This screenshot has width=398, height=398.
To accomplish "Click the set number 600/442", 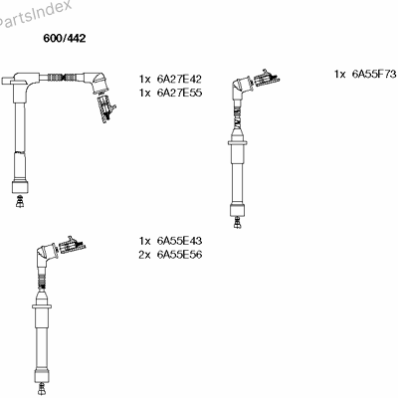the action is pos(65,38).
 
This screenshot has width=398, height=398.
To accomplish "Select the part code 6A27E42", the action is pos(179,79).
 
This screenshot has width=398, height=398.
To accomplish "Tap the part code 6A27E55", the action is pos(179,93).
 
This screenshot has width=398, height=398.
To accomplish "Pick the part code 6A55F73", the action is pos(374,74).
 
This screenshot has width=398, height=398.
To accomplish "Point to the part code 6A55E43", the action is pos(179,241).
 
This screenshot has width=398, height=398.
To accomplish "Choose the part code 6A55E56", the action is pos(179,255).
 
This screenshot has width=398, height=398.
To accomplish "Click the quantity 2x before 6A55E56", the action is pos(145,255).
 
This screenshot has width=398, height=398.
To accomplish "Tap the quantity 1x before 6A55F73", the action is pos(340,75).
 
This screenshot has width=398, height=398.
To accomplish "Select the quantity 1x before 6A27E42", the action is pos(145,80).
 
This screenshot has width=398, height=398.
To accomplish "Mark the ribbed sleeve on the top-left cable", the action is pos(61,78).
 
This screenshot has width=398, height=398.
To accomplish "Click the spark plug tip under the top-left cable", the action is pos(20,202).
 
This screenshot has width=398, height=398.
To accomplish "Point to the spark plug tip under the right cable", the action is pos(237,223).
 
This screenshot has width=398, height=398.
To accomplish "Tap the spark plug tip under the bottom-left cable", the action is pos(42,387).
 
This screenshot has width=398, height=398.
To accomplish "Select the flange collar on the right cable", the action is pos(237,143).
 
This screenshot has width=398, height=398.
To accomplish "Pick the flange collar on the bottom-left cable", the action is pos(42,306).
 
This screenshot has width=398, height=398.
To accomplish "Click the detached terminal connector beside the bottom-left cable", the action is pos(72,246).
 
